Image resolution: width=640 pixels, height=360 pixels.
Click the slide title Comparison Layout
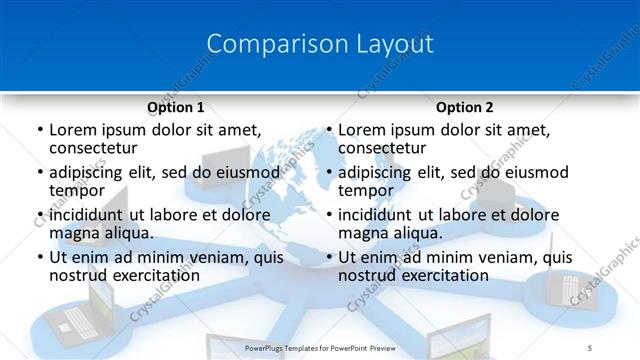pos(320,45)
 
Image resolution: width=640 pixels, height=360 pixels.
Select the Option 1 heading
pos(175,107)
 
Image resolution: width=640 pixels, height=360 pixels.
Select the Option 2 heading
pos(465,107)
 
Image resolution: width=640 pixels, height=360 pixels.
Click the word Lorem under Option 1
pos(72,130)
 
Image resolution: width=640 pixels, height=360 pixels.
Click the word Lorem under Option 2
pos(361,130)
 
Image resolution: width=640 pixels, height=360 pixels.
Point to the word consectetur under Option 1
pos(98,148)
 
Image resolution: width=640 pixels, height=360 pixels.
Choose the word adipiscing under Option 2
pos(377,172)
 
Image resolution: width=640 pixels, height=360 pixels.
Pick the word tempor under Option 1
pos(77,190)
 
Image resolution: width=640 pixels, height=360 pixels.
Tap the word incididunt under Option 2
pos(379,215)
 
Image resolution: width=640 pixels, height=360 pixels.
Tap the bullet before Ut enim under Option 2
pos(329,257)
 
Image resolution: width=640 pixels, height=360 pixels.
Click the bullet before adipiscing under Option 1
pos(40,172)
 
